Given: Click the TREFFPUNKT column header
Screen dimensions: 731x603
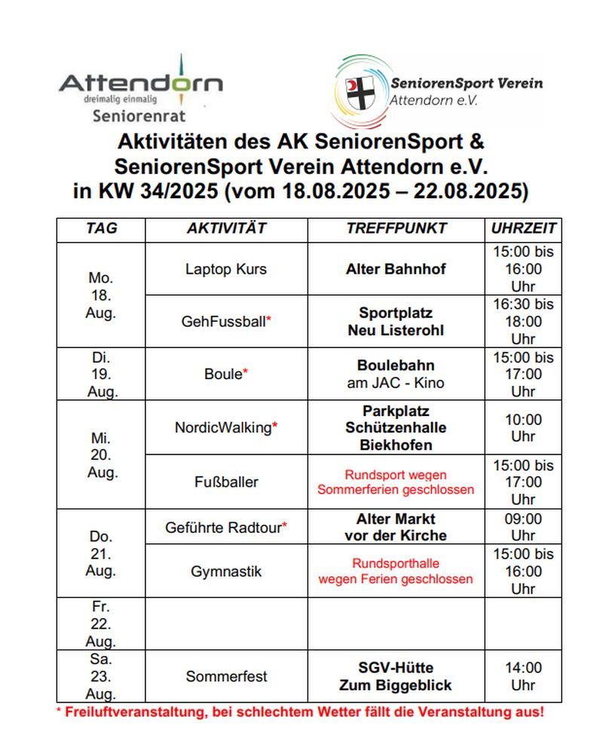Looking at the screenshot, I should tap(396, 228).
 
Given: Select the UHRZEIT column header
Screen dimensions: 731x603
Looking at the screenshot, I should tap(523, 228).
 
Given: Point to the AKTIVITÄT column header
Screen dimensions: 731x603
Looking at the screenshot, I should tap(226, 228).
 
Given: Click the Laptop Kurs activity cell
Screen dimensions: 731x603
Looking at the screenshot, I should tap(226, 269).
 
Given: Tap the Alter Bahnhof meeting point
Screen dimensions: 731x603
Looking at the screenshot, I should tap(396, 269).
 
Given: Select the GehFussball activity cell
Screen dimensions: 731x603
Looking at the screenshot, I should tap(226, 322).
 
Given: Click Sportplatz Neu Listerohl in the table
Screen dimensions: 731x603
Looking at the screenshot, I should tap(396, 322).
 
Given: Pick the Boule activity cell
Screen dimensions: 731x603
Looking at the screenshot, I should tap(226, 374).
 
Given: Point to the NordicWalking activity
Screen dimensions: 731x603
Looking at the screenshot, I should tap(226, 427).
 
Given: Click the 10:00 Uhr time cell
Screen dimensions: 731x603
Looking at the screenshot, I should tap(523, 427).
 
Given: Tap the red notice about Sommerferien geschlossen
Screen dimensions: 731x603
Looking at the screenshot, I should tap(396, 482).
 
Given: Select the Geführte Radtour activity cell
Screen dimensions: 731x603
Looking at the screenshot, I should tap(226, 528).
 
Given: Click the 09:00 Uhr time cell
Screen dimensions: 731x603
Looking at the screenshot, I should tap(523, 528).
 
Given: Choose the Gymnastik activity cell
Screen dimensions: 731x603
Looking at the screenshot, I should tap(226, 571).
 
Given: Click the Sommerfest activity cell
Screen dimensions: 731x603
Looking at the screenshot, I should tap(226, 677).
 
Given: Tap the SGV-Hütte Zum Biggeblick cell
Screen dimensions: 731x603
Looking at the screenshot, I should tap(396, 677).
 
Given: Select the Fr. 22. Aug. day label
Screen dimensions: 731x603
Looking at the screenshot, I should tap(100, 624).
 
